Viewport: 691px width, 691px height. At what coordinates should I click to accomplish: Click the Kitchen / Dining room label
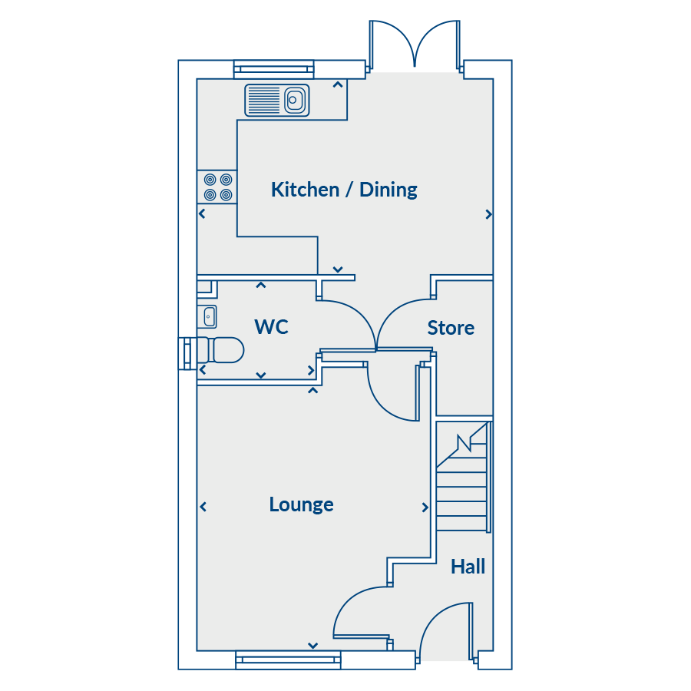coord(344,190)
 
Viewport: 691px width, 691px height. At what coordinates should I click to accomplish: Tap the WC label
coord(271,327)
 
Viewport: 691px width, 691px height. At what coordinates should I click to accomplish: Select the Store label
coord(451,328)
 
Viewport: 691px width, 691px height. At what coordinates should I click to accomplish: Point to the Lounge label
coord(301,504)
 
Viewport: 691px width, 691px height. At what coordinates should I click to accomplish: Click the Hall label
coord(468,567)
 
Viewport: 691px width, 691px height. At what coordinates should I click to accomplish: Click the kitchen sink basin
coord(294,100)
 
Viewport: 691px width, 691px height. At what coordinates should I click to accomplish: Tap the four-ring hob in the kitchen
coord(217,187)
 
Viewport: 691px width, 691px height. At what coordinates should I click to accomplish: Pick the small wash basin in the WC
coord(208,315)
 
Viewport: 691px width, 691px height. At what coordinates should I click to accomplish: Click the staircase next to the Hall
coord(462,480)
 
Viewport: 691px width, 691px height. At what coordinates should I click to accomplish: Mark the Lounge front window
coord(288,659)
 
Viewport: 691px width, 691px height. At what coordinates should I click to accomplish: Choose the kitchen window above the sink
coord(275,69)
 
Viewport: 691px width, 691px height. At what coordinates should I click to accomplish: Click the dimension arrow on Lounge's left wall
coord(203,507)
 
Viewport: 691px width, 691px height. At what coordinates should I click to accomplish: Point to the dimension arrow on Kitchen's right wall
coord(488,215)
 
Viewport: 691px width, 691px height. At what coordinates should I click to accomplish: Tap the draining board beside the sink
coord(264,100)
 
